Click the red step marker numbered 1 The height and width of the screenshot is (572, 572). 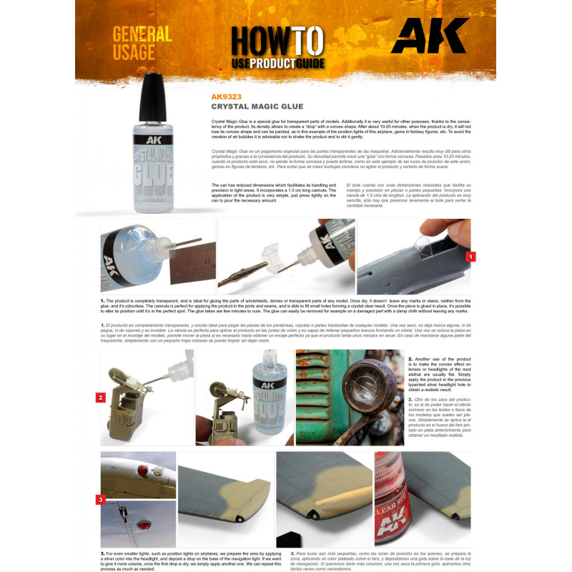click(x=470, y=255)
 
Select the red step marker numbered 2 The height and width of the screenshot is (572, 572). click(x=101, y=397)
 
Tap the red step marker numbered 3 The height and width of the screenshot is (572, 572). click(x=101, y=499)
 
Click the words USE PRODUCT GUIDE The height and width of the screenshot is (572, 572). click(x=277, y=63)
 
